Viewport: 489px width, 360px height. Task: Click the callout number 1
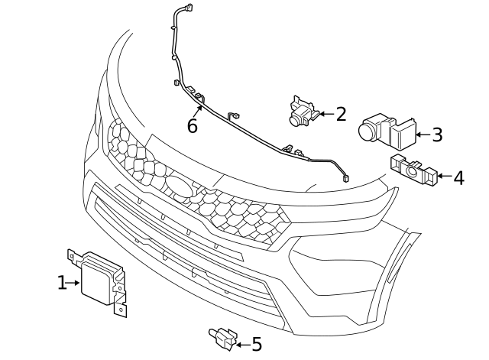[62, 283]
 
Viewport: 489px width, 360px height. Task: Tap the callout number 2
[341, 115]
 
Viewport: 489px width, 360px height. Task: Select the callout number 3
[436, 135]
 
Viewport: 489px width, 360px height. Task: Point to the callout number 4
[458, 178]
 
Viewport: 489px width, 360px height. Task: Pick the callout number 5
[256, 345]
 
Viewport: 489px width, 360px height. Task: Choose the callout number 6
[193, 126]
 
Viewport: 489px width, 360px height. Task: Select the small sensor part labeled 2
[302, 112]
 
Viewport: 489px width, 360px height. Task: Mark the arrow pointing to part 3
[423, 135]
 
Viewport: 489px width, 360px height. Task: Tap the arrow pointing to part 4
[444, 178]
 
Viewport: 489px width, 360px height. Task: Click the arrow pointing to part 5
[242, 345]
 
